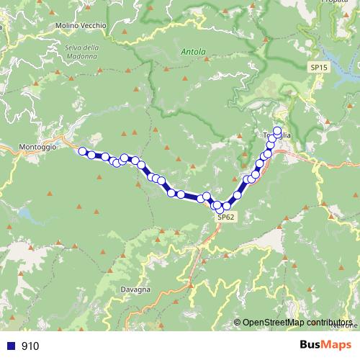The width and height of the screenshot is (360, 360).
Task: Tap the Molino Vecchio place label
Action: (x=81, y=25)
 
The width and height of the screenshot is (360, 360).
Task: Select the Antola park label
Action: (x=194, y=52)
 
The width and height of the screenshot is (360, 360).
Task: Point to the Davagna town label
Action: (x=136, y=289)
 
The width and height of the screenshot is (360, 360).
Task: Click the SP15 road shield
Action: (x=318, y=67)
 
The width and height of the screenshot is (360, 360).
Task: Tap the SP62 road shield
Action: (x=225, y=217)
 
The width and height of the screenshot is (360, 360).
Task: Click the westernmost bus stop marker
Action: (x=83, y=152)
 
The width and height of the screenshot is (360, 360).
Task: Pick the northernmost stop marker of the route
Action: (x=277, y=130)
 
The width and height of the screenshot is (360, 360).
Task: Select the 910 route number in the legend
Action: (x=30, y=346)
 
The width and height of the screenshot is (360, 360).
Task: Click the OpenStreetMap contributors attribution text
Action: (x=297, y=323)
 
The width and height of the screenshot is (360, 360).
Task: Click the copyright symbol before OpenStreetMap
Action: (x=238, y=323)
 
